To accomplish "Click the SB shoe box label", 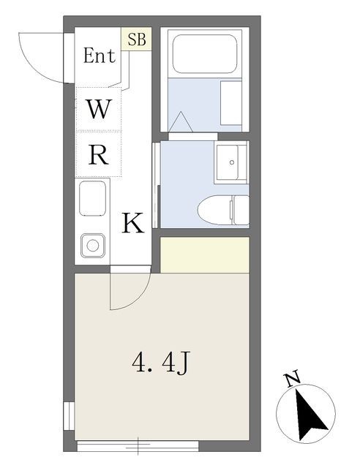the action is [x=137, y=39].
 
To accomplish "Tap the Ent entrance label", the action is [x=100, y=56].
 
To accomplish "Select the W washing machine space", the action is [x=99, y=109].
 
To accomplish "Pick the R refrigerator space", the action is [x=99, y=154].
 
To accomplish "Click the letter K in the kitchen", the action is [x=133, y=222].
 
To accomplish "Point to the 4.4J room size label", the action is [x=161, y=363].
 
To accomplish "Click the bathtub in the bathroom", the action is [x=205, y=53].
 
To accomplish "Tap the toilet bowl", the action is [x=214, y=210].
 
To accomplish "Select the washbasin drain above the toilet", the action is [x=232, y=162].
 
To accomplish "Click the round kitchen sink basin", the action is [x=93, y=246].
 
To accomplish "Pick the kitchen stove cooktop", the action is [x=93, y=198].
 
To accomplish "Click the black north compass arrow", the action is [x=310, y=415].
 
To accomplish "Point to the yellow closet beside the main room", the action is [x=205, y=255].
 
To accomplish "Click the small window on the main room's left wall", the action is [x=69, y=416].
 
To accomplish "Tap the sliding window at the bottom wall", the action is [x=138, y=446].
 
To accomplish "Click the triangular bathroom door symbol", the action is [x=181, y=122].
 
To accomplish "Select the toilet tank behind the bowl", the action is [x=241, y=210].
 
